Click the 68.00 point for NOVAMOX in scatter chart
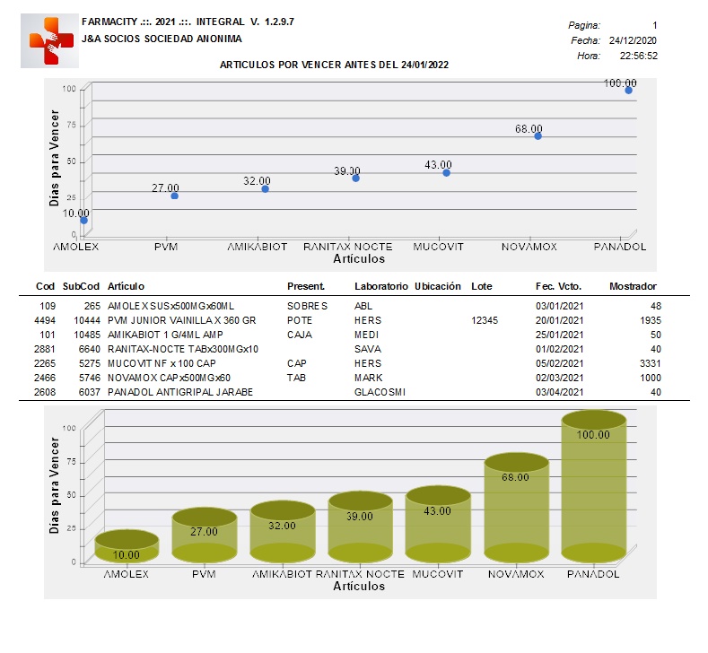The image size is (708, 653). click(x=538, y=135)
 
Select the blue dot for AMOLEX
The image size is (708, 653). click(x=84, y=221)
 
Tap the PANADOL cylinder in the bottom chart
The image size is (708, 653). click(x=594, y=486)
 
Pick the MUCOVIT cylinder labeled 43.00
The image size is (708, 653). click(x=438, y=525)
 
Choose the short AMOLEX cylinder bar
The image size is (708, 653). click(x=127, y=546)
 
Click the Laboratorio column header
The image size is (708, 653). click(x=381, y=286)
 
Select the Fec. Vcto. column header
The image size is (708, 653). click(x=558, y=286)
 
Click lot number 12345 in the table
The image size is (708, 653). click(x=485, y=320)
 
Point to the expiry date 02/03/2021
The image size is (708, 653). click(x=559, y=378)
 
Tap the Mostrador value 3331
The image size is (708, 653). click(x=651, y=363)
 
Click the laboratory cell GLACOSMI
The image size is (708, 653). click(x=380, y=392)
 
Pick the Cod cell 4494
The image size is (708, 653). click(x=45, y=320)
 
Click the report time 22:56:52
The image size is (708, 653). click(x=639, y=56)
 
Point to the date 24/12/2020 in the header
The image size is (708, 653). click(x=633, y=40)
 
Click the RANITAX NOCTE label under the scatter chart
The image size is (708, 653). click(x=347, y=247)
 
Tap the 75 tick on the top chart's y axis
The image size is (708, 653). click(x=72, y=125)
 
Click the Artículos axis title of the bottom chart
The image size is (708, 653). click(x=359, y=587)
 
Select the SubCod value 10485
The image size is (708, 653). click(x=87, y=335)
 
